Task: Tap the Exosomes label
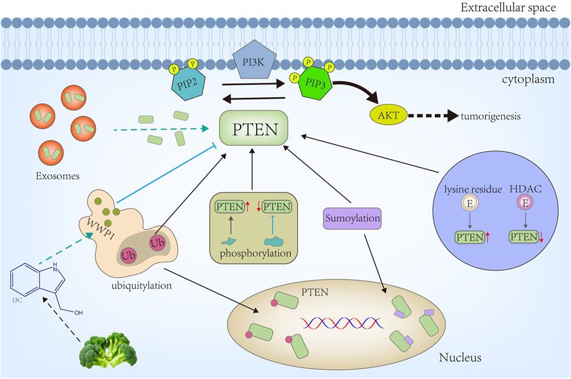pos(56,177)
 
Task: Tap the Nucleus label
pos(460,357)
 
